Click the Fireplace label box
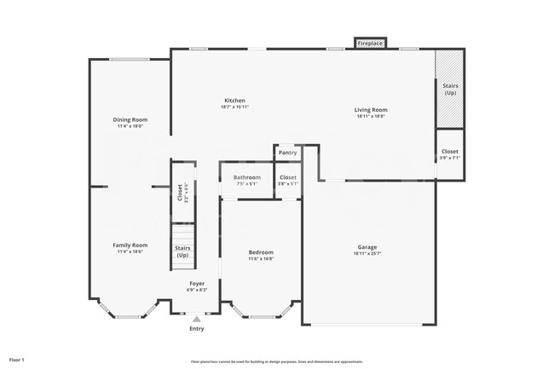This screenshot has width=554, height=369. (x=370, y=43)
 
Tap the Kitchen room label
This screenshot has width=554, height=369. (x=234, y=101)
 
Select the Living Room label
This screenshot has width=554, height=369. (x=371, y=109)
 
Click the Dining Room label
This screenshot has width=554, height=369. (x=130, y=120)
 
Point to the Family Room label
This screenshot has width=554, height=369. (x=130, y=245)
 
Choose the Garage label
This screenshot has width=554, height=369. (x=367, y=247)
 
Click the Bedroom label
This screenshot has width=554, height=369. (x=261, y=252)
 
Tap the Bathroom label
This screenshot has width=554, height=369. (x=247, y=177)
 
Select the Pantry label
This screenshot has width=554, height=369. (x=287, y=153)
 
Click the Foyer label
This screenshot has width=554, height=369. (x=197, y=284)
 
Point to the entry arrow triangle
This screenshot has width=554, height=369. (x=197, y=319)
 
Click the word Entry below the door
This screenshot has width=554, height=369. (x=197, y=328)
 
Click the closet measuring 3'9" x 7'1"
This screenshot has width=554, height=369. (x=449, y=153)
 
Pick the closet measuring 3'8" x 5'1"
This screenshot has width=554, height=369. (x=288, y=180)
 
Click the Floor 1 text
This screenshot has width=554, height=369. (x=17, y=360)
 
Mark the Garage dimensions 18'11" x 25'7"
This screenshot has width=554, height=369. (x=367, y=254)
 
